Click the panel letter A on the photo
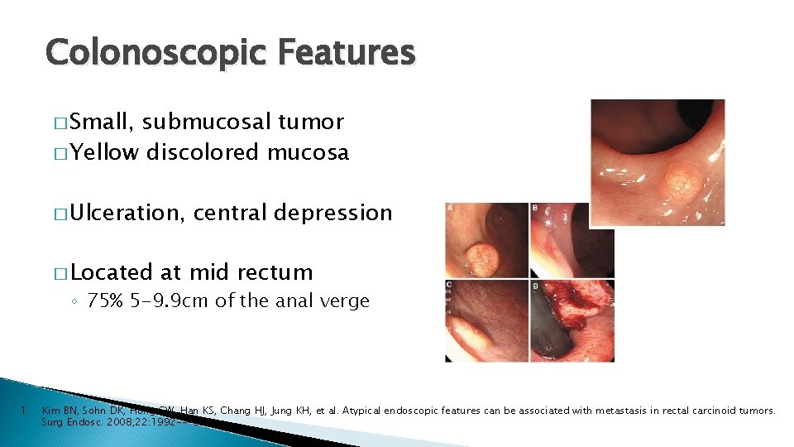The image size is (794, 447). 450,208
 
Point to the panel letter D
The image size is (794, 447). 534,286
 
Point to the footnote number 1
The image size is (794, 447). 26,410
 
